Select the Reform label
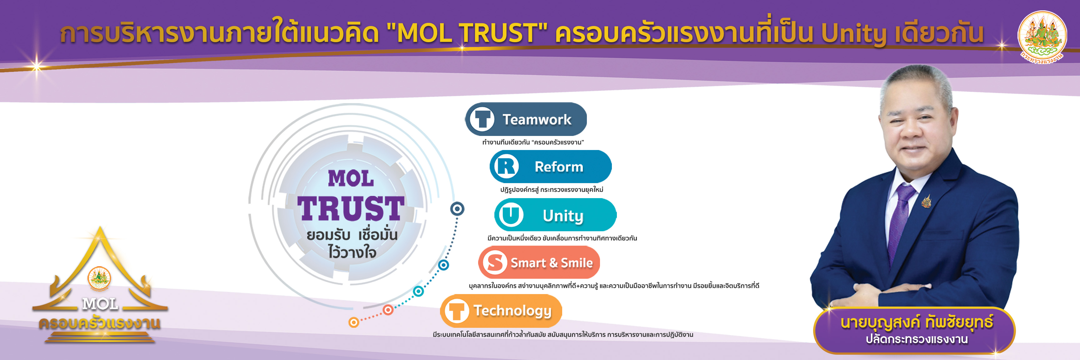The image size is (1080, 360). click(x=559, y=167)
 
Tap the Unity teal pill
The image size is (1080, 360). click(x=556, y=215)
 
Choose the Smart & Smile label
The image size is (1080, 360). click(x=551, y=263)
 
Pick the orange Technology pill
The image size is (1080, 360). click(x=501, y=311)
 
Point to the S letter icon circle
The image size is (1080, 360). click(x=495, y=263)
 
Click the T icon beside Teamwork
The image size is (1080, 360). click(x=482, y=119)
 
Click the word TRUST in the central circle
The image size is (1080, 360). click(x=351, y=208)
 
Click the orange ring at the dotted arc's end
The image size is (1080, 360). click(x=354, y=322)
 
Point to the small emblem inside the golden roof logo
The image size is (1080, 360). click(x=99, y=278)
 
